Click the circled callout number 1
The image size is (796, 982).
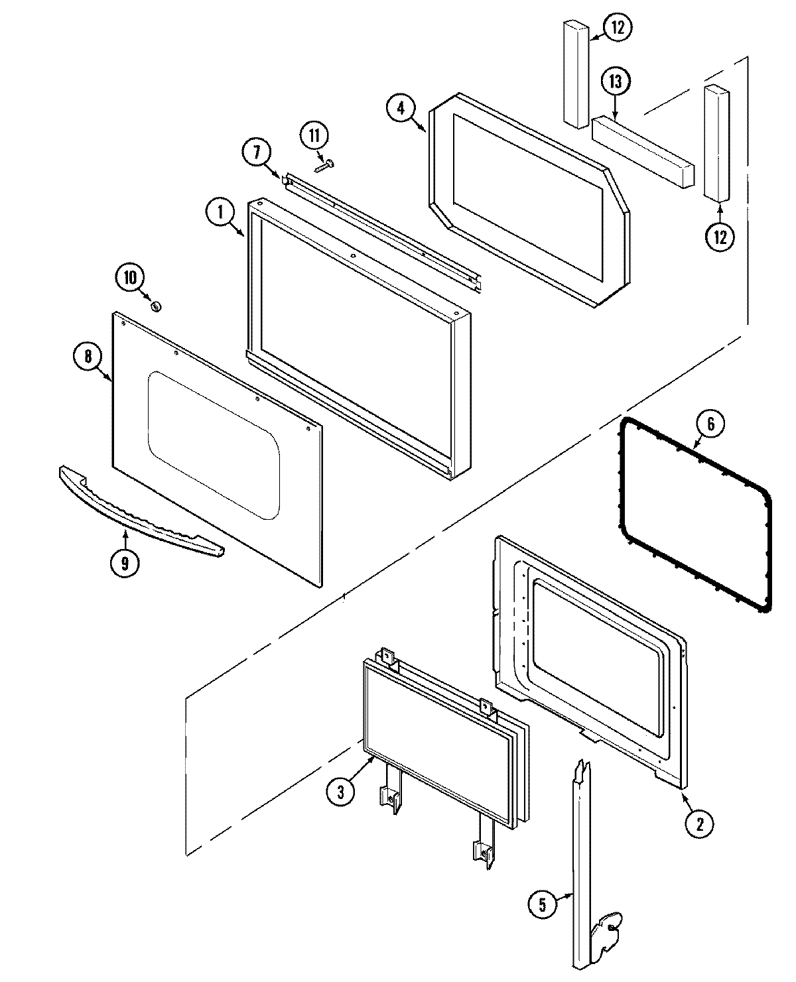(218, 214)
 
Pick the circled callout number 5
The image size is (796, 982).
(543, 906)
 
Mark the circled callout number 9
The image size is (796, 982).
(125, 563)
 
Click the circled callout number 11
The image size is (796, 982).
(314, 136)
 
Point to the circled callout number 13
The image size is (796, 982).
(615, 82)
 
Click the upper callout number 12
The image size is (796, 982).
(618, 27)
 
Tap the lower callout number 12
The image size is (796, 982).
(720, 237)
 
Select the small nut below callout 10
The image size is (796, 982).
(157, 306)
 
